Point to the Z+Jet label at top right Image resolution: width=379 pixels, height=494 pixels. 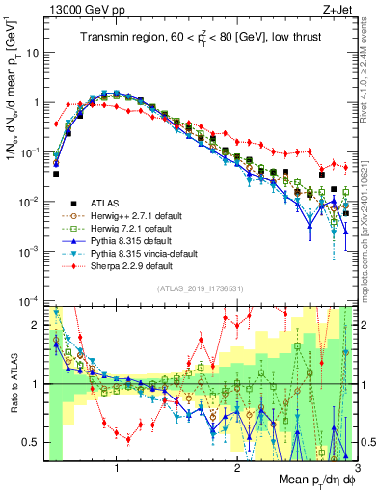pyautogui.click(x=338, y=8)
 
